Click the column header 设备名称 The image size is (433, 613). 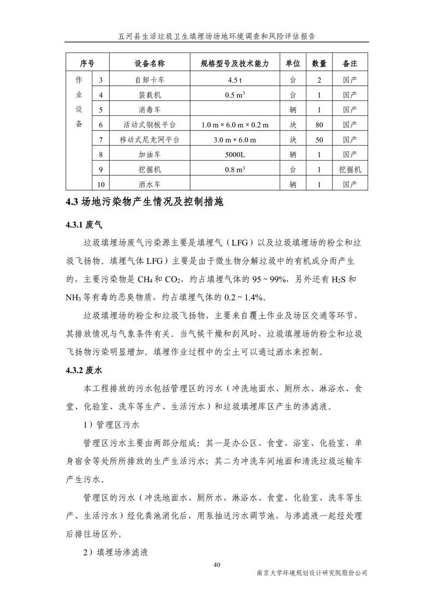(x=150, y=64)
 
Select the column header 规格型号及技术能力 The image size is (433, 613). (x=234, y=64)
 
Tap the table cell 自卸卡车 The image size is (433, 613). (x=150, y=80)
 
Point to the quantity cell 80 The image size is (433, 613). (x=319, y=125)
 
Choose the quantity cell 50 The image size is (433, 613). (x=319, y=140)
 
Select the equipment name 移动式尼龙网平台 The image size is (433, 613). (x=150, y=140)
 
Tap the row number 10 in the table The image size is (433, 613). (x=101, y=185)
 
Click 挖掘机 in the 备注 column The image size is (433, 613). (x=350, y=170)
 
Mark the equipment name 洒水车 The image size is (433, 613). (x=150, y=185)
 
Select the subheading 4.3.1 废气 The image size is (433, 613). (x=84, y=225)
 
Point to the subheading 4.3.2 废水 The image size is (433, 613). (x=84, y=370)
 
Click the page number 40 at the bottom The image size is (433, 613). (x=217, y=564)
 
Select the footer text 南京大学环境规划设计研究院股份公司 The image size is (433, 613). (x=312, y=573)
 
